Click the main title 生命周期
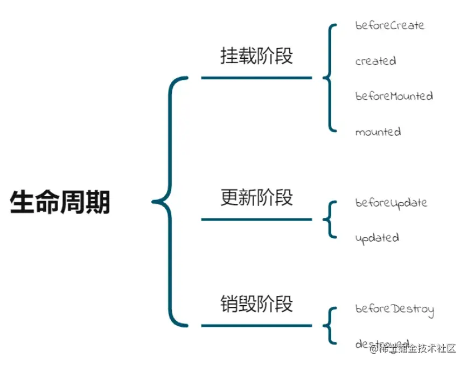[x=60, y=203]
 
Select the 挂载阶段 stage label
[x=256, y=56]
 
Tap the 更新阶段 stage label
[x=256, y=197]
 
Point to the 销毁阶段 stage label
[x=256, y=304]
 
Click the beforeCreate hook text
[x=389, y=25]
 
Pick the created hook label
[x=375, y=61]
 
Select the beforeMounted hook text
[x=394, y=96]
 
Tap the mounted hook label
[x=378, y=132]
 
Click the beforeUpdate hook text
[x=391, y=203]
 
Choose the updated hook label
[x=377, y=238]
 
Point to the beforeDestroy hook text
[x=394, y=309]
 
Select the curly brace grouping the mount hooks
[x=328, y=78]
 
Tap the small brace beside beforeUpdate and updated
[x=329, y=219]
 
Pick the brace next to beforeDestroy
[x=329, y=325]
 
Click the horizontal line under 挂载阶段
[x=256, y=78]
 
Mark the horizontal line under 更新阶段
[x=256, y=219]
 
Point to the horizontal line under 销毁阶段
[x=256, y=326]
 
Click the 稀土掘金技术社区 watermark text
[x=413, y=349]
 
